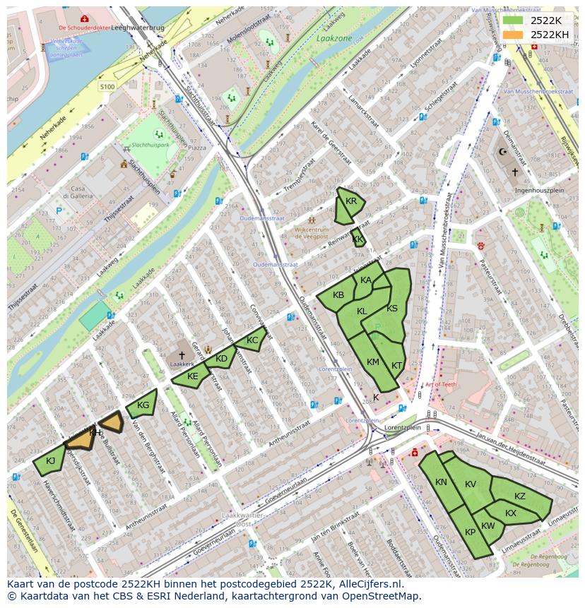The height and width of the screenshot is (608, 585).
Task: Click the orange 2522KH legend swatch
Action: [x=514, y=35]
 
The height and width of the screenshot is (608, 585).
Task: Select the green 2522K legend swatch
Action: [x=514, y=20]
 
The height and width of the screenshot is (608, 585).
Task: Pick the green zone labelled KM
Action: [x=372, y=362]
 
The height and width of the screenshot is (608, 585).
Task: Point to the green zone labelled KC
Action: [x=252, y=340]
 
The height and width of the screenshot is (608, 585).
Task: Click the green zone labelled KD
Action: [x=221, y=359]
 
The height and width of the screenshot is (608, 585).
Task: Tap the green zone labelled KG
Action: [x=142, y=405]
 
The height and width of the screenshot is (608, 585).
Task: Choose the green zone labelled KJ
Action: [x=49, y=461]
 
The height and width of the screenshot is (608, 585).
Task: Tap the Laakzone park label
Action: [x=333, y=39]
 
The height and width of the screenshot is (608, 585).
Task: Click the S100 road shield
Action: [x=107, y=86]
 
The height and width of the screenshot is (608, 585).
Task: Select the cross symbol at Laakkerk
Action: [x=182, y=355]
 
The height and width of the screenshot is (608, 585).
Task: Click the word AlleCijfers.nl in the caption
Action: [x=368, y=584]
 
